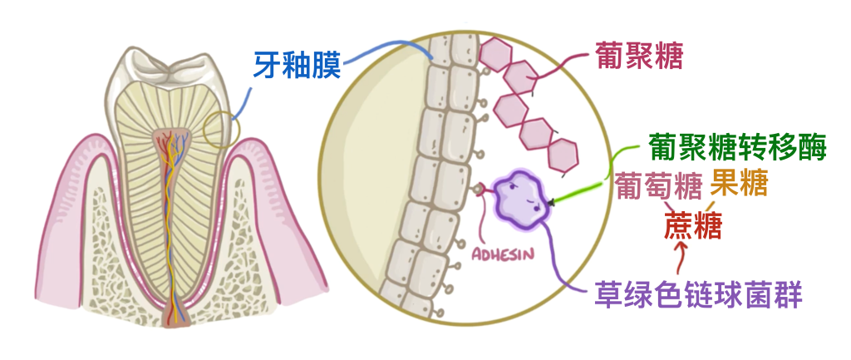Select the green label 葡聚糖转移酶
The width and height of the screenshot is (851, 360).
click(x=736, y=148)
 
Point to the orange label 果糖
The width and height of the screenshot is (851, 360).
click(x=739, y=182)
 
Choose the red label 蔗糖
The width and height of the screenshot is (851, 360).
click(x=693, y=224)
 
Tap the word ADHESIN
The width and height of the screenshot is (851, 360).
click(x=501, y=252)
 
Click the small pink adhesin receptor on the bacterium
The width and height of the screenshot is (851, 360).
click(x=481, y=190)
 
